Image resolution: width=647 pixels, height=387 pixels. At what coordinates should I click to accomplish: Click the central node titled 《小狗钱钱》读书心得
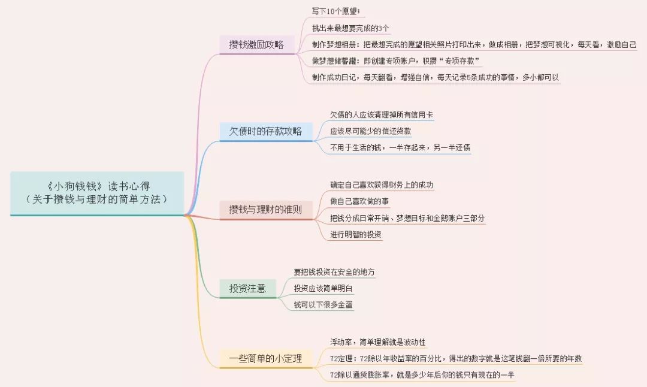[x=97, y=193]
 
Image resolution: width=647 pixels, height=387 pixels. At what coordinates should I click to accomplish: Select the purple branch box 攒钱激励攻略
[x=256, y=44]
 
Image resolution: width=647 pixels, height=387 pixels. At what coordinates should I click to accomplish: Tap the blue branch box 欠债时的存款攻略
[x=266, y=132]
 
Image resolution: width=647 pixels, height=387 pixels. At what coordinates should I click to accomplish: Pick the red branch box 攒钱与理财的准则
[x=266, y=210]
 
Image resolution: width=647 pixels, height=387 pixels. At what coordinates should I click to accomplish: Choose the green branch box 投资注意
[x=247, y=288]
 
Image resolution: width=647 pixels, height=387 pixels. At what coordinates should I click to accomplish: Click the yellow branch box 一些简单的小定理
[x=266, y=358]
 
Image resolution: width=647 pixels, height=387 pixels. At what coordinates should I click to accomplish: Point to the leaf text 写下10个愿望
[x=336, y=11]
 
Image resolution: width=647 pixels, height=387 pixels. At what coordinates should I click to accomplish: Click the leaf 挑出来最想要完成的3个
[x=350, y=28]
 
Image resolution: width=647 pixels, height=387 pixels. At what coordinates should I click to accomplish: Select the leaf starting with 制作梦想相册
[x=474, y=44]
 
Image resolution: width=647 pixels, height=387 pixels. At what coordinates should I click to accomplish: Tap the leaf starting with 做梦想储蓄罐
[x=396, y=61]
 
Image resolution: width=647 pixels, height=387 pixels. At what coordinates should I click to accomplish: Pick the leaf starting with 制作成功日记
[x=436, y=77]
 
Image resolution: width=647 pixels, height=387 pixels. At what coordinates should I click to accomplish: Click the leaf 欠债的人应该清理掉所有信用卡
[x=382, y=114]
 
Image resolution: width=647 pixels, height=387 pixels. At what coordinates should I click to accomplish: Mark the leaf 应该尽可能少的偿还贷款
[x=371, y=131]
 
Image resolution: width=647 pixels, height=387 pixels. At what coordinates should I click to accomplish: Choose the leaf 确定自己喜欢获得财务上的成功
[x=382, y=185]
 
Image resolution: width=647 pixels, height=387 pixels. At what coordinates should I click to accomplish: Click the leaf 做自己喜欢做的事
[x=359, y=201]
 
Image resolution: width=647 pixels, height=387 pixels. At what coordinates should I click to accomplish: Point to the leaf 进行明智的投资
[x=356, y=234]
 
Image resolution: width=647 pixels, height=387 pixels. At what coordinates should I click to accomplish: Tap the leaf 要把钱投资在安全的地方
[x=334, y=272]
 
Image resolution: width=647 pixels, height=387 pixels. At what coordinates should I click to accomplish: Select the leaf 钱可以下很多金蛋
[x=323, y=305]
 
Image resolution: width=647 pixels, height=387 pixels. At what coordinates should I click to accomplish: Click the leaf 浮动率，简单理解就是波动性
[x=377, y=342]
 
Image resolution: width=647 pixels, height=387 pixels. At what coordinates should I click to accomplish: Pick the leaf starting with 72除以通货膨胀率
[x=422, y=375]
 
